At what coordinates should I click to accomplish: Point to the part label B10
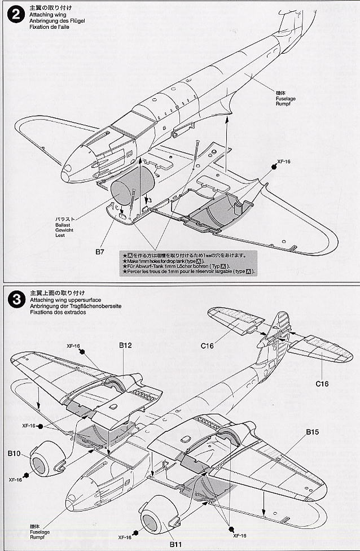coord(15,453)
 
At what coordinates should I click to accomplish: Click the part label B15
coord(313,432)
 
